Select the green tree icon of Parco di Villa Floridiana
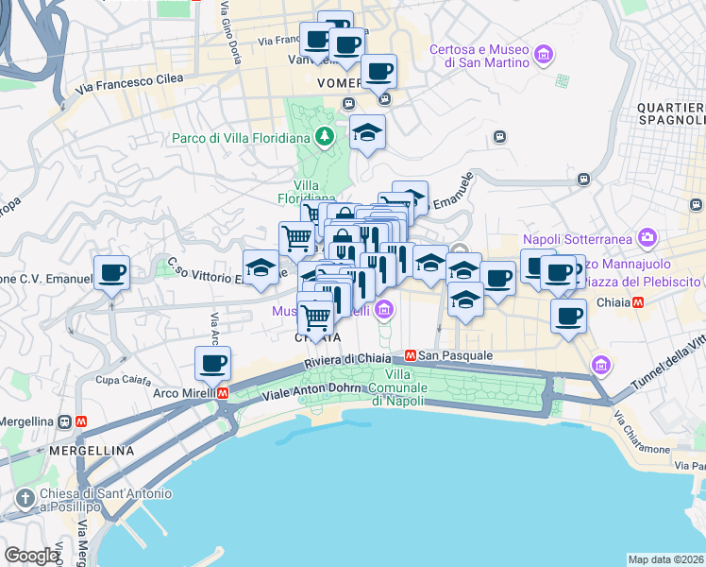[x=325, y=137]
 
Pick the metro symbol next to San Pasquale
[x=411, y=356]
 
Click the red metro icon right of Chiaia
[x=639, y=303]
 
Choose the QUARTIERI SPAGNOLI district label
[x=671, y=112]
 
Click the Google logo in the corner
[x=31, y=556]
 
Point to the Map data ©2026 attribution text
[x=666, y=558]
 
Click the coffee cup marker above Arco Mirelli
[x=213, y=363]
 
